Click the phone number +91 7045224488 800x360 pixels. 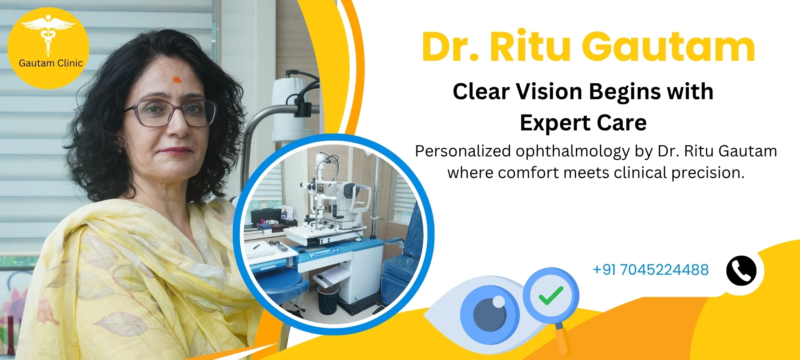point(650,270)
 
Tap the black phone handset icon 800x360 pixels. point(741,271)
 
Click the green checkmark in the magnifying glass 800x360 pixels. point(551,295)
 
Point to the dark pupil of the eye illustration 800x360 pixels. point(490,314)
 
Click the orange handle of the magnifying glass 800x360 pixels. point(563,338)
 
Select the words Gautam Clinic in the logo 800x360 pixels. point(51,63)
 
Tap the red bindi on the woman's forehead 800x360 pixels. point(176,80)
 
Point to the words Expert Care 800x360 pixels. point(583,123)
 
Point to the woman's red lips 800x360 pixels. point(176,151)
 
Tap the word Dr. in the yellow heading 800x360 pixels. point(450,46)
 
